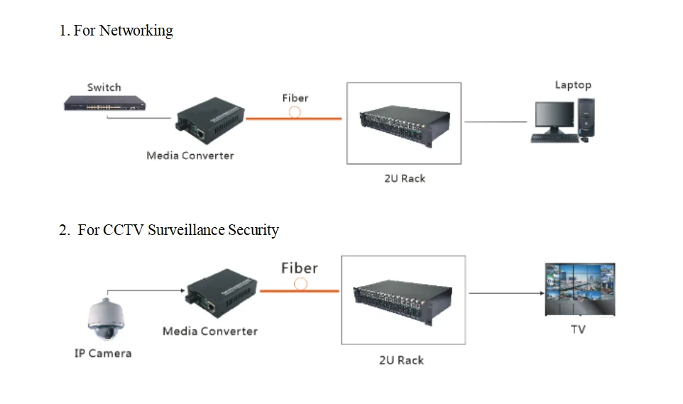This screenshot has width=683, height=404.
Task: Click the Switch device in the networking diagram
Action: tap(105, 104)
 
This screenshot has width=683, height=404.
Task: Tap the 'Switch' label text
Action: tap(104, 87)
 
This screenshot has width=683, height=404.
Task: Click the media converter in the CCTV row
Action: tap(222, 294)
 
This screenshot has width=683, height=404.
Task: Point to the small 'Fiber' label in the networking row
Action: tap(295, 98)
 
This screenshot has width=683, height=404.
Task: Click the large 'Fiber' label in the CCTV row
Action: tap(300, 268)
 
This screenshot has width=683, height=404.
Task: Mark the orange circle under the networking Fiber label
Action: tap(295, 112)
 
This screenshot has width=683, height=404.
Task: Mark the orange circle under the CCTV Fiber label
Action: tap(301, 284)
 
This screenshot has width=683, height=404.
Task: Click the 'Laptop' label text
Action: tap(573, 85)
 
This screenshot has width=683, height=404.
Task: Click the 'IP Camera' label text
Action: tap(103, 353)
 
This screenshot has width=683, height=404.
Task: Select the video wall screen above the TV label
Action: tap(579, 289)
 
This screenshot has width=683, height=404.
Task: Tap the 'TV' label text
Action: tap(578, 329)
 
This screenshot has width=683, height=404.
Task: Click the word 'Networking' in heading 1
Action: tap(136, 31)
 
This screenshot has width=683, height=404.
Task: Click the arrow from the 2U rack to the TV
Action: tap(501, 293)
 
